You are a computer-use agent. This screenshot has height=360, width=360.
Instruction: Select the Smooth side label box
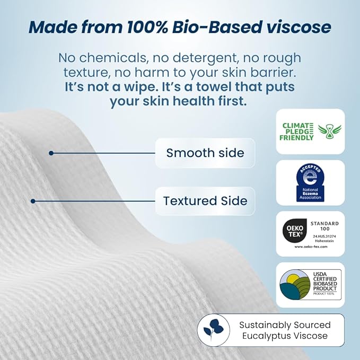(205, 153)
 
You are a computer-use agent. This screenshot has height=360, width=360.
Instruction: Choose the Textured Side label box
(205, 201)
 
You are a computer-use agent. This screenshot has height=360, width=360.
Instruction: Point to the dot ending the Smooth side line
(51, 153)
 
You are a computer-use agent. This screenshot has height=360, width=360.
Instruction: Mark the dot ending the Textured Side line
(33, 201)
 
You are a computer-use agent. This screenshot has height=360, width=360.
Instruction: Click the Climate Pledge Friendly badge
(310, 131)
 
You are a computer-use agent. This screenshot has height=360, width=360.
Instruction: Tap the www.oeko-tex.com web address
(310, 247)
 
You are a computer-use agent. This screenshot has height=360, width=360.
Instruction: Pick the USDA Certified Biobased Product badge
(310, 285)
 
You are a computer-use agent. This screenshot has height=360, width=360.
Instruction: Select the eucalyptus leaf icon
(213, 330)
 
